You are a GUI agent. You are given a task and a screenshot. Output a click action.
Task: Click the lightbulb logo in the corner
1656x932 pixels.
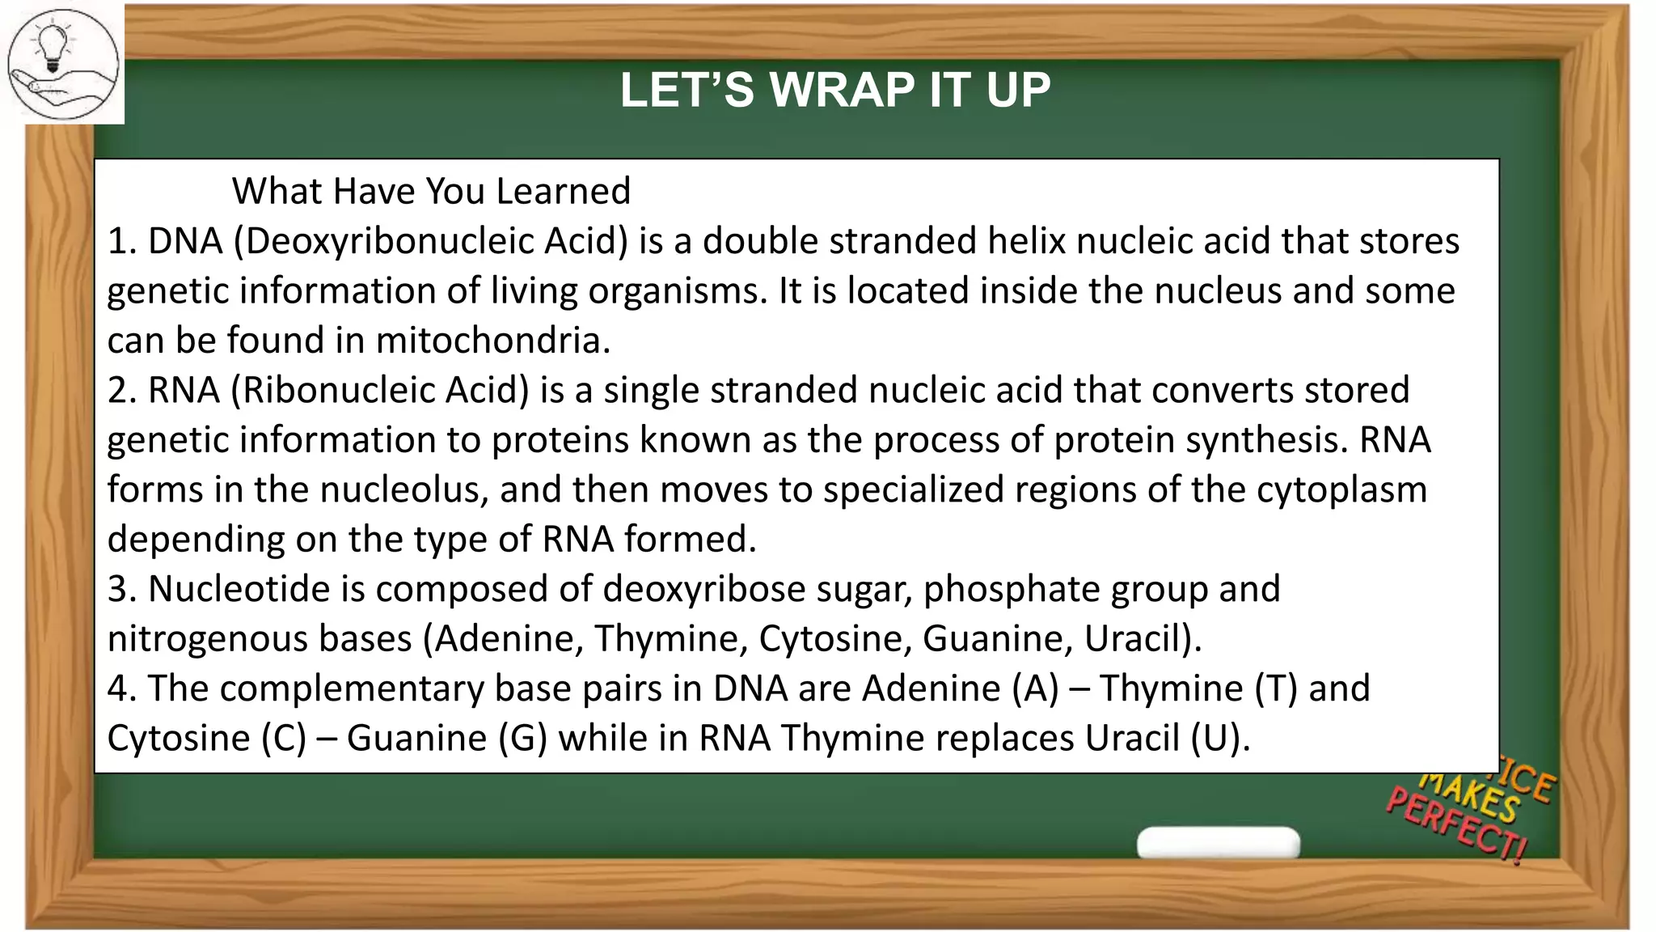(x=63, y=63)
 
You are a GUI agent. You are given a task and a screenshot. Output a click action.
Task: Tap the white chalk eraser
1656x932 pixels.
(x=1218, y=842)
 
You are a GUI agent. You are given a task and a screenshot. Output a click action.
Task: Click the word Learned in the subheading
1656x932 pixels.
(x=563, y=192)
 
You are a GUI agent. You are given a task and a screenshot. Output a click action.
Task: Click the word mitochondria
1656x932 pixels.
(x=492, y=341)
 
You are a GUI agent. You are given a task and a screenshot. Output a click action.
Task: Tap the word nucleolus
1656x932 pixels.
(x=404, y=490)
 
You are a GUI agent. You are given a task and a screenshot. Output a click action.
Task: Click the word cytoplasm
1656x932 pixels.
(x=1341, y=490)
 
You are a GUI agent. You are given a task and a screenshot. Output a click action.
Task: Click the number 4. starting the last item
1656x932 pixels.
(x=121, y=689)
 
